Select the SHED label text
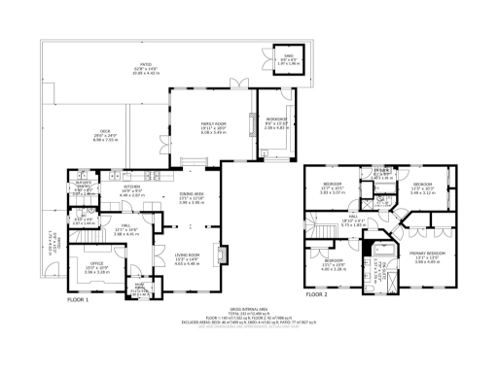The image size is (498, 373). (288, 56)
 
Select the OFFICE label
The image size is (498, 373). (97, 263)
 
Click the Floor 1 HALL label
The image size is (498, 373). (126, 228)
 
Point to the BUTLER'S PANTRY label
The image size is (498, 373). (85, 186)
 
